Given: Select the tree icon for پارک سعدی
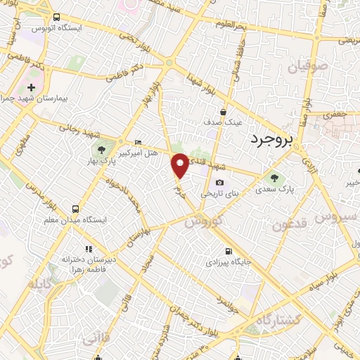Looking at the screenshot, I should click(273, 176).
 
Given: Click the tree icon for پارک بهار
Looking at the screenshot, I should click(101, 149).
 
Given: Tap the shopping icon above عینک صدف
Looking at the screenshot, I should click(223, 111).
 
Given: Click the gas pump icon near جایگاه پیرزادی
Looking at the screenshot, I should click(229, 250).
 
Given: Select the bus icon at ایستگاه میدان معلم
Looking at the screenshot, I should click(75, 208).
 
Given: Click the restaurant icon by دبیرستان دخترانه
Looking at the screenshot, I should click(89, 248).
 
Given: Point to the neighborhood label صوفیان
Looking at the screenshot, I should click(307, 68).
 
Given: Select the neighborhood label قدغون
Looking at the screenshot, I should click(288, 225).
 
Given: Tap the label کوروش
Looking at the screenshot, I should click(205, 221).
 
